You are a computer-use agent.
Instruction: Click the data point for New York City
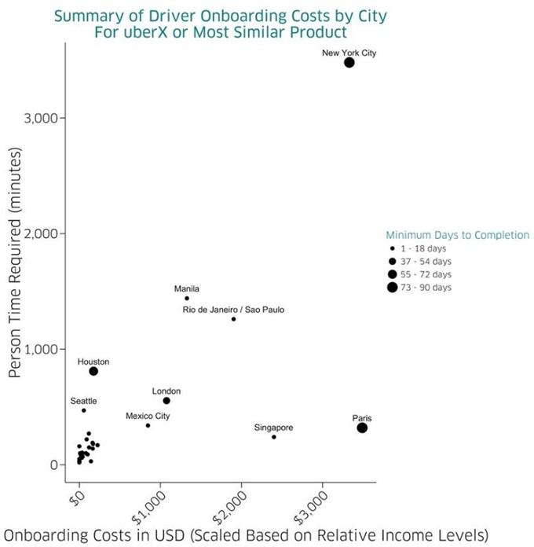tap(349, 63)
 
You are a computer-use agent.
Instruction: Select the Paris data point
tap(362, 428)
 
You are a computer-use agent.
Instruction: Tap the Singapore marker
tap(274, 437)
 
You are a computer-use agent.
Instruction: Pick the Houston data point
tap(93, 371)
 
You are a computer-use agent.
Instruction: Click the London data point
tap(166, 401)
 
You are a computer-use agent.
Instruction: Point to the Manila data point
tap(187, 299)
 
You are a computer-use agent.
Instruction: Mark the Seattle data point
tap(84, 410)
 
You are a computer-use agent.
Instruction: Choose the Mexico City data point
tap(148, 425)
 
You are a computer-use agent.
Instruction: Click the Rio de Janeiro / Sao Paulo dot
tap(234, 319)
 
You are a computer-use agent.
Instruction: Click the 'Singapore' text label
tap(274, 428)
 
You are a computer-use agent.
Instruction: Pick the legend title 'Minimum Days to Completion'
tap(458, 235)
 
